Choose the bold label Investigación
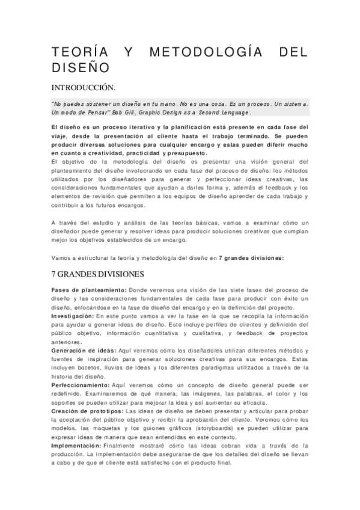pyautogui.click(x=72, y=315)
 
